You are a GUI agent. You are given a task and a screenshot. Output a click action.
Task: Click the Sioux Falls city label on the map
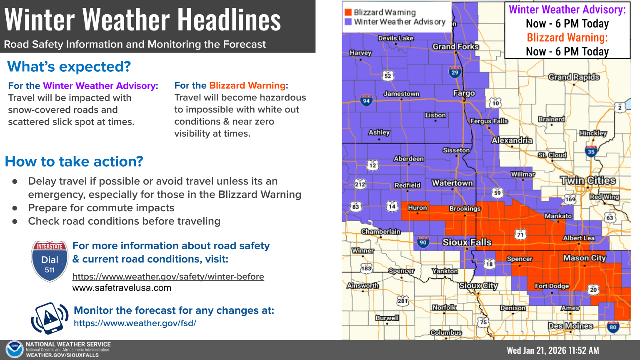[x=467, y=242]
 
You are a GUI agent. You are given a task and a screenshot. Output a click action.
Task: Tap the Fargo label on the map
[x=464, y=93]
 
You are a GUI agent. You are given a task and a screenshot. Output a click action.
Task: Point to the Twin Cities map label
[x=587, y=180]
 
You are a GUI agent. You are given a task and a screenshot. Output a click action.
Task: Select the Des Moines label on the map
[x=570, y=326]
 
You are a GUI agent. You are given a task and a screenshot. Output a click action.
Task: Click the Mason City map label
[x=584, y=258]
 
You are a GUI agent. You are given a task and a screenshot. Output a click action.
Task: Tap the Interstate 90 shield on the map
[x=423, y=242]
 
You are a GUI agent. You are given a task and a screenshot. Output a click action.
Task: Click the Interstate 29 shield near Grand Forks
[x=455, y=72]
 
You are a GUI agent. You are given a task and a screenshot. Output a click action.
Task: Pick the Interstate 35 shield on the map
[x=591, y=151]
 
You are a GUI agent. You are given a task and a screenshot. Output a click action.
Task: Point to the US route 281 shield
[x=402, y=300]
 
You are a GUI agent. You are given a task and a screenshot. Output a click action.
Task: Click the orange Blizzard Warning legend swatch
[x=348, y=12]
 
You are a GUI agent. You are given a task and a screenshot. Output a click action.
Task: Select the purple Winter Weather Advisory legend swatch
[x=348, y=22]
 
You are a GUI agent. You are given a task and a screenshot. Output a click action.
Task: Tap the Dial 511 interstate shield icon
[x=50, y=261]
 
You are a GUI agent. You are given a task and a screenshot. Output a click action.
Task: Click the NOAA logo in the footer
[x=15, y=350]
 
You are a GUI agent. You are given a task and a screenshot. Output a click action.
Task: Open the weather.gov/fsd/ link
[x=135, y=323]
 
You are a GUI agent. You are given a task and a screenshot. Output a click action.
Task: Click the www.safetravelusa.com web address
[x=122, y=288]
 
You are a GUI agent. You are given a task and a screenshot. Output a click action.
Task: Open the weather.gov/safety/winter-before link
[x=168, y=277]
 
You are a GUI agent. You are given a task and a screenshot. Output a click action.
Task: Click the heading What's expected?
[x=69, y=67]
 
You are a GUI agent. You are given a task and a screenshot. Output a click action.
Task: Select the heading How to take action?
[x=74, y=161]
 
